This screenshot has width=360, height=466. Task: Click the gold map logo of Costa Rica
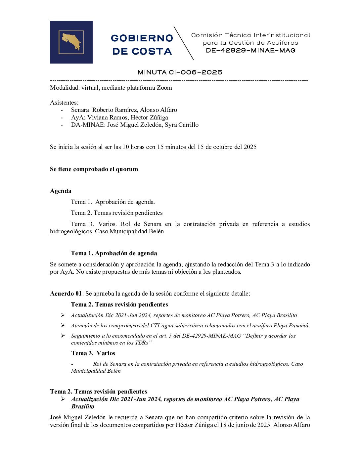(x=71, y=42)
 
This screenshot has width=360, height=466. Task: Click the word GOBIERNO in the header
(x=142, y=38)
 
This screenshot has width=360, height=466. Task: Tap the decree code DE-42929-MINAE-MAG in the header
(x=250, y=51)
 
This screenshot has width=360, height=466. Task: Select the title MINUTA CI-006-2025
(x=180, y=72)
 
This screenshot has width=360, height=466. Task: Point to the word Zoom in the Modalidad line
(x=164, y=88)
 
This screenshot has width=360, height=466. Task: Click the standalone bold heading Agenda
(x=61, y=191)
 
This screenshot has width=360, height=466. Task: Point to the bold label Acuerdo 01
(x=66, y=294)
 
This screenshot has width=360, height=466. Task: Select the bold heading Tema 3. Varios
(x=93, y=353)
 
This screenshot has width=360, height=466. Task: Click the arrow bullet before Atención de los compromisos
(x=63, y=326)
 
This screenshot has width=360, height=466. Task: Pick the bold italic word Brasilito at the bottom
(x=83, y=406)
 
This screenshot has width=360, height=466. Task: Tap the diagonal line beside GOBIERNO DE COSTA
(x=184, y=43)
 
